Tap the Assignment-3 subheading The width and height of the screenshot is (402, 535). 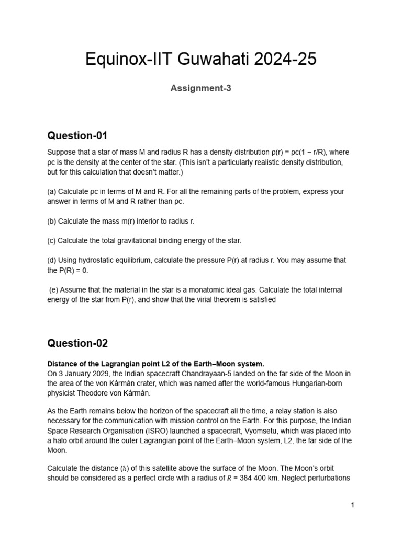click(201, 88)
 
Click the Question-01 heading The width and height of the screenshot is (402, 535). click(77, 136)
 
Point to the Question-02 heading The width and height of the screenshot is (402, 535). click(77, 343)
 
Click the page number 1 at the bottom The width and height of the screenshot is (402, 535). click(353, 505)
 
